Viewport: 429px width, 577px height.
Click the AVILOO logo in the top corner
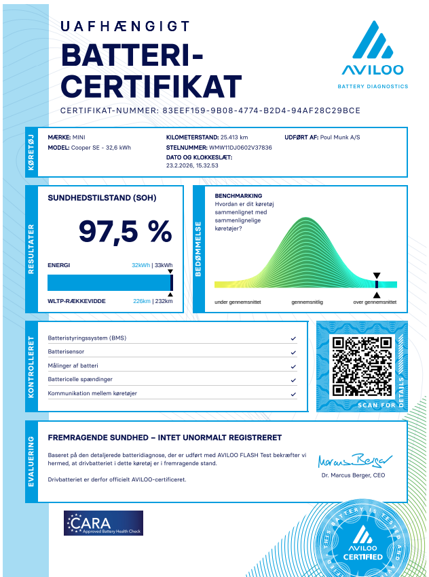(373, 54)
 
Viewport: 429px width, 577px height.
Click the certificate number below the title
(261, 111)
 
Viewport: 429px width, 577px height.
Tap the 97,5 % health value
(125, 232)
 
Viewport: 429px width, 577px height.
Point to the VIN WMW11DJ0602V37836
(240, 146)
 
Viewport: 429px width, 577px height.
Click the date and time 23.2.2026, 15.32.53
(192, 165)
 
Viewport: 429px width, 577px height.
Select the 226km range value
(141, 301)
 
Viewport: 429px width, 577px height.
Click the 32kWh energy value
(141, 265)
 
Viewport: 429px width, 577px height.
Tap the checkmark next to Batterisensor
(293, 353)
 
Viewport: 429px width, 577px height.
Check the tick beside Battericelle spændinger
(293, 380)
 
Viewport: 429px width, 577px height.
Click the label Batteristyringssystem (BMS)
(87, 338)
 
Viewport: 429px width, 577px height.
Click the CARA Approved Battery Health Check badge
(103, 523)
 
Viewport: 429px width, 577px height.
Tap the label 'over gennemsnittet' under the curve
(375, 302)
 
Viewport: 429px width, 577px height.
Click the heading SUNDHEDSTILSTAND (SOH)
(102, 198)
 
